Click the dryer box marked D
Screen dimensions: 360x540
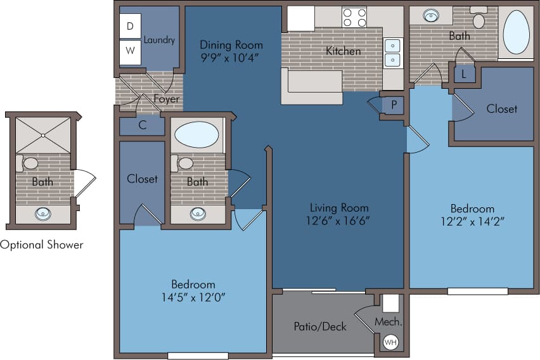click(x=130, y=26)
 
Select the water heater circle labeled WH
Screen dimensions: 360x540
click(x=391, y=342)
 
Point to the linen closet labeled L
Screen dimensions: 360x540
click(x=465, y=74)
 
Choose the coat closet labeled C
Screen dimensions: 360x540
click(x=143, y=125)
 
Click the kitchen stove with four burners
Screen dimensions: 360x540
click(x=354, y=17)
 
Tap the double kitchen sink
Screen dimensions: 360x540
click(x=393, y=53)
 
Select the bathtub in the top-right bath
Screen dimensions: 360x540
click(x=516, y=32)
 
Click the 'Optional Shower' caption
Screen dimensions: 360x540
click(x=42, y=245)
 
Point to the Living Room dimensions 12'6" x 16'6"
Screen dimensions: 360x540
click(x=339, y=221)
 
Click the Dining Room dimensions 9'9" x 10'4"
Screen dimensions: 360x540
click(x=231, y=58)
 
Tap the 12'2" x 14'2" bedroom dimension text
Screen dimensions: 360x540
click(x=472, y=221)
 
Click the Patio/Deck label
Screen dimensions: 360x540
click(x=320, y=326)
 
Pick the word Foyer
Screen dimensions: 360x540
click(x=166, y=100)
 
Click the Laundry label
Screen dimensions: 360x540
click(x=159, y=40)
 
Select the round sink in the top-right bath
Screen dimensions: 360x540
click(x=430, y=15)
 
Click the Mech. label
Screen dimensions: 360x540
click(x=389, y=322)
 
